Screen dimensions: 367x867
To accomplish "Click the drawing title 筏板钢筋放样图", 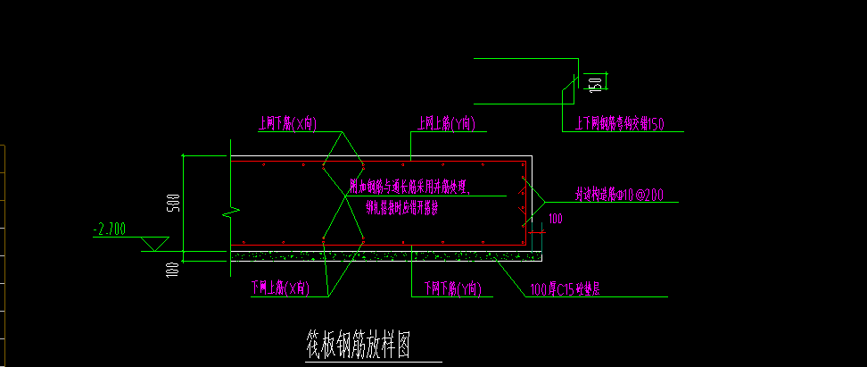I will tap(358, 342).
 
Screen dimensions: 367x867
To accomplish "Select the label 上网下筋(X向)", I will tap(287, 123).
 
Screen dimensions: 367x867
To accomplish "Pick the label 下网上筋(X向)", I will tap(280, 288).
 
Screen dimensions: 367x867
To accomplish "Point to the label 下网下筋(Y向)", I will tap(452, 288).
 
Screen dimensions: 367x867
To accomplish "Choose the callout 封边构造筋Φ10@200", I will tap(619, 194).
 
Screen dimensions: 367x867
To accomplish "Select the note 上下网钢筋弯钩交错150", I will tap(621, 124).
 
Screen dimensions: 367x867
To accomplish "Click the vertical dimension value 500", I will tap(175, 204).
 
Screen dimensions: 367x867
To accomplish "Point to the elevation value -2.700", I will tap(110, 229).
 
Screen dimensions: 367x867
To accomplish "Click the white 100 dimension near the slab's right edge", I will tap(555, 218).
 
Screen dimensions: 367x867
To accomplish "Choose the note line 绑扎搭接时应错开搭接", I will tap(402, 209).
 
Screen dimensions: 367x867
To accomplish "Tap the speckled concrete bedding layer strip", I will tap(384, 256).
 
